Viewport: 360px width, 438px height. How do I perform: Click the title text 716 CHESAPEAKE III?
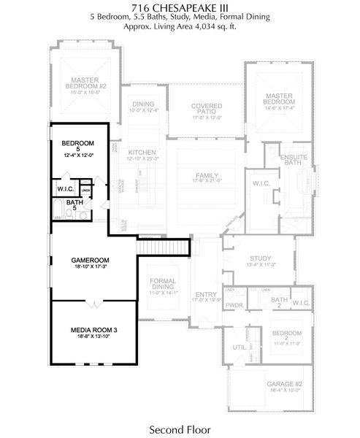pos(180,6)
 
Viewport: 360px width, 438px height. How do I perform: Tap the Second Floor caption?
pos(180,429)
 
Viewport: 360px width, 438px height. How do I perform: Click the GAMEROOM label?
pos(90,260)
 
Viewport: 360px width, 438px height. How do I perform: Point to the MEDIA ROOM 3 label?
pos(93,330)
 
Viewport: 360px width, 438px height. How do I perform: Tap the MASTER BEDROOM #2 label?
pos(89,82)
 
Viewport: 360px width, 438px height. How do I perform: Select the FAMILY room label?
pos(206,175)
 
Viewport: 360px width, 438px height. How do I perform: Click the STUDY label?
pos(260,258)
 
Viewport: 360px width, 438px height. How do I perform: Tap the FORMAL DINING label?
pos(164,285)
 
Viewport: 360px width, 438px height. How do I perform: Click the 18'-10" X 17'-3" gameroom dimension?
pos(90,268)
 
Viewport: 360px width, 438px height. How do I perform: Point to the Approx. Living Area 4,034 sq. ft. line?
pos(180,24)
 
